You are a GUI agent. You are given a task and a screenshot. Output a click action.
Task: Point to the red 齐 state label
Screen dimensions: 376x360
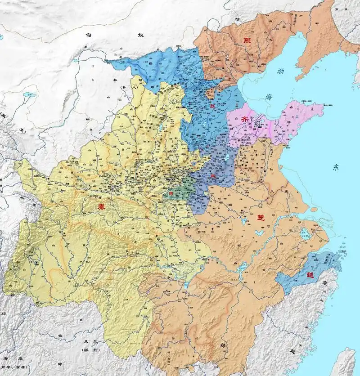(x=257, y=119)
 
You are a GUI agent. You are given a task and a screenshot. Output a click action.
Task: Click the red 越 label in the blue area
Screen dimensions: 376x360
(x=310, y=274)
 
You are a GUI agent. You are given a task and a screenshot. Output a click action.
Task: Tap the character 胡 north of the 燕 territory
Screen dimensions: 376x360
(x=237, y=19)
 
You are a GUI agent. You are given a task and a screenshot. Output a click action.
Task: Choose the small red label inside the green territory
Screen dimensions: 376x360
(x=171, y=194)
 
